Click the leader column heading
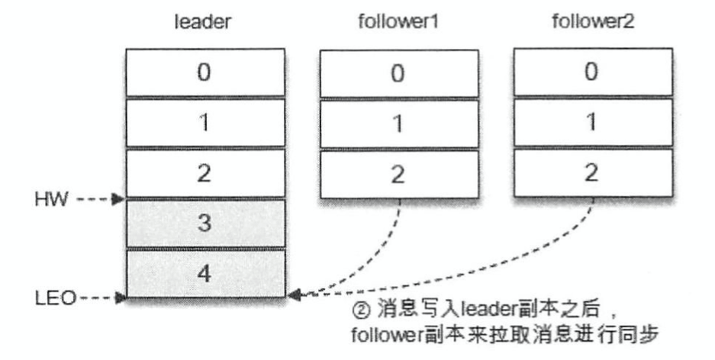point(204,23)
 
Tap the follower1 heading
point(396,23)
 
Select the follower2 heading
point(592,23)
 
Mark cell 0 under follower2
point(593,74)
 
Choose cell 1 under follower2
point(593,124)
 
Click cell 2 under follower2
point(593,173)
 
